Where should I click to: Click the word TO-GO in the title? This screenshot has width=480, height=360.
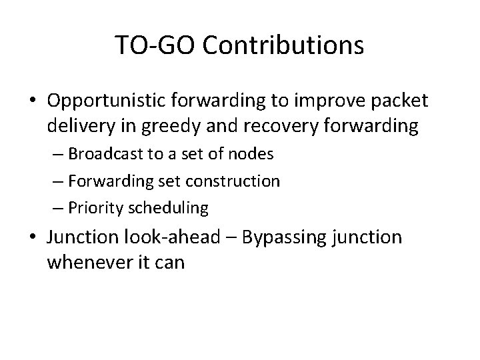pos(155,45)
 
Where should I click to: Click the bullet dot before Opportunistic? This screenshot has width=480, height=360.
pos(32,101)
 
